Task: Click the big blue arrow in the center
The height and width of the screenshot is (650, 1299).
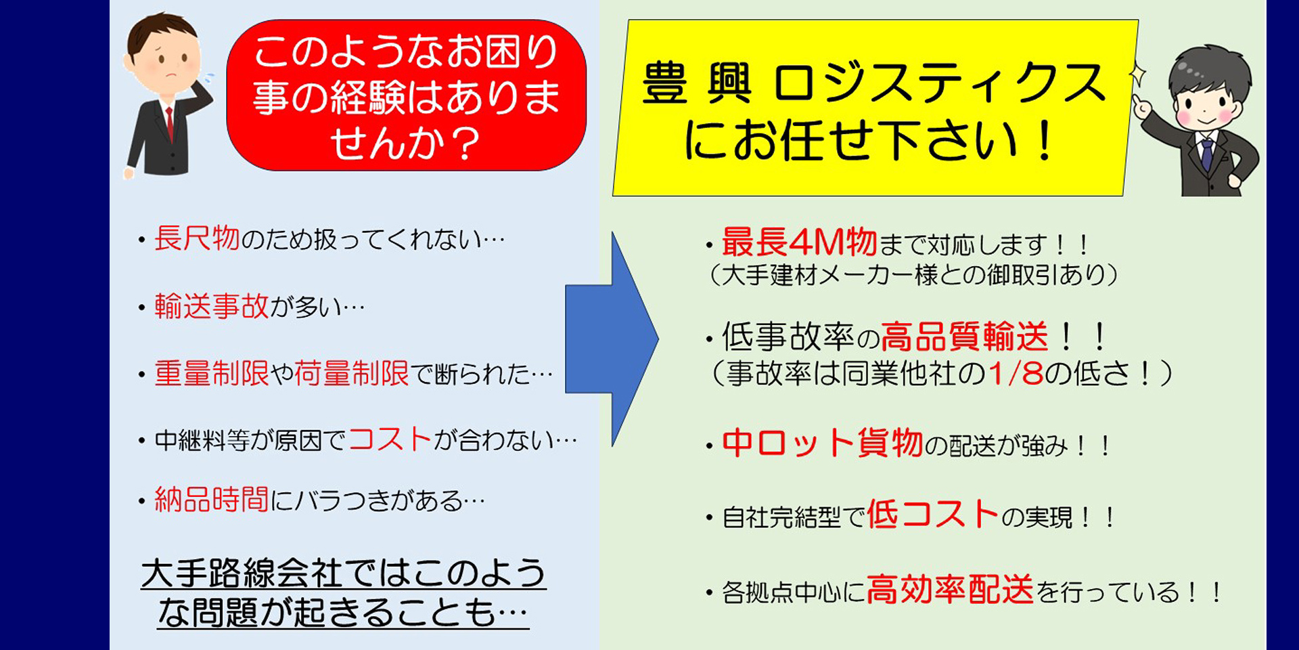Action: point(609,339)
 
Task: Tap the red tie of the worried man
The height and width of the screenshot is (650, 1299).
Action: point(169,123)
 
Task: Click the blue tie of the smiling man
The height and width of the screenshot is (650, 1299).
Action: point(1206,153)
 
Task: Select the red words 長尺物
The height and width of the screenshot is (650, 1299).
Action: point(197,238)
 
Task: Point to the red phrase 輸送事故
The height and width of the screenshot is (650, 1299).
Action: point(212,307)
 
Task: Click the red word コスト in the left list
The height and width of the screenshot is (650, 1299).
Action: point(390,439)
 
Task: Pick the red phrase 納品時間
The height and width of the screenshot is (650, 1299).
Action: point(212,500)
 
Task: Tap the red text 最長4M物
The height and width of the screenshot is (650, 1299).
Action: point(800,242)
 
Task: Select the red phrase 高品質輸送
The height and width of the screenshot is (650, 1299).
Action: point(965,337)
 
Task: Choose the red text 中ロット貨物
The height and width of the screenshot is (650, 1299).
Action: point(823,443)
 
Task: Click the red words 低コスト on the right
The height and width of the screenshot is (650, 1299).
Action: point(933,514)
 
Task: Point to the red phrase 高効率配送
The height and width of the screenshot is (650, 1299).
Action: point(951,589)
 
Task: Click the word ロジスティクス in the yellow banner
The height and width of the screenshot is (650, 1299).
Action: point(939,83)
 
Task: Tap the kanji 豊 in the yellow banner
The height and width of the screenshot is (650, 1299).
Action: point(665,83)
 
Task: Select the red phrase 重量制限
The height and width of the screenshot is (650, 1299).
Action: point(212,373)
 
